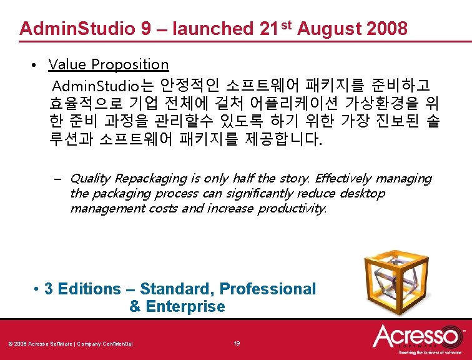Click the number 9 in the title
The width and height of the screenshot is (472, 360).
[140, 29]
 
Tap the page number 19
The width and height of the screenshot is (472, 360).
[237, 343]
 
